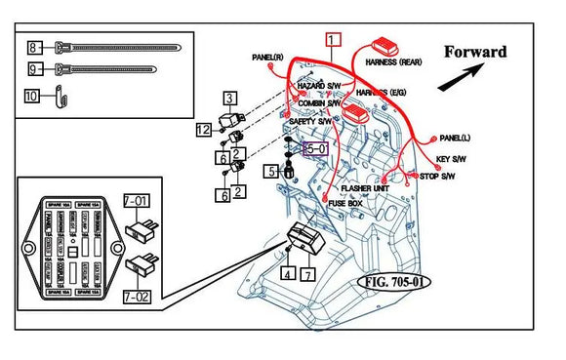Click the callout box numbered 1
pyautogui.click(x=334, y=40)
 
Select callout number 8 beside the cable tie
pyautogui.click(x=34, y=47)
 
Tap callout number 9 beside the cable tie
pyautogui.click(x=34, y=69)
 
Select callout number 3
pyautogui.click(x=228, y=97)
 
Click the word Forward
pyautogui.click(x=475, y=52)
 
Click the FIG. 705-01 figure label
pyautogui.click(x=394, y=283)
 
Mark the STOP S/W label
pyautogui.click(x=438, y=177)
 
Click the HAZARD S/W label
pyautogui.click(x=318, y=86)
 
